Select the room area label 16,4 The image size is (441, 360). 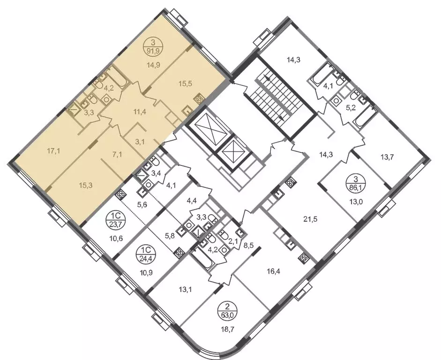(x=274, y=271)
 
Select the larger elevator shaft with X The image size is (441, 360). (x=209, y=127)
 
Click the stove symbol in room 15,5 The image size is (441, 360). (x=199, y=99)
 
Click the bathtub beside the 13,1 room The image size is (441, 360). (x=203, y=259)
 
